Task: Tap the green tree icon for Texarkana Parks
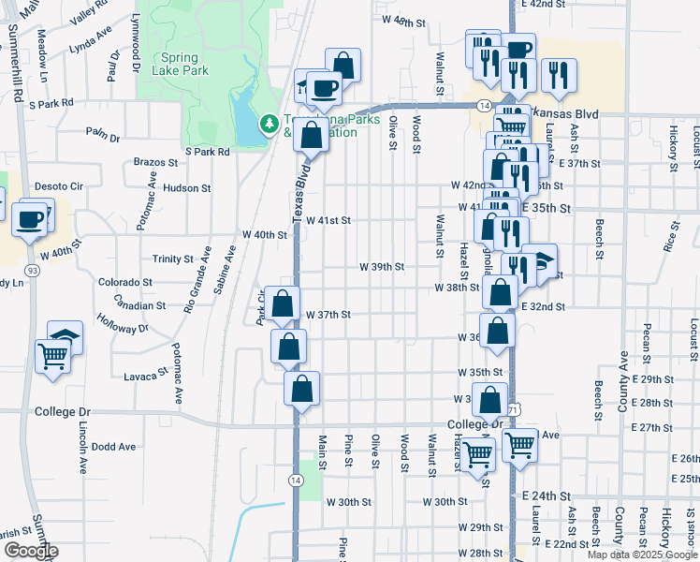(x=270, y=123)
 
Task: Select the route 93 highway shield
(x=33, y=270)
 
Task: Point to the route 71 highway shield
(x=514, y=409)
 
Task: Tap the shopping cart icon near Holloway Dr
(x=52, y=355)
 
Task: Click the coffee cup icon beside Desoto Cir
(x=30, y=220)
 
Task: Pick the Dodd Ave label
(x=114, y=447)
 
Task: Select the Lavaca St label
(x=145, y=377)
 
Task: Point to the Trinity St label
(x=172, y=259)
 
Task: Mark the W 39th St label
(x=382, y=266)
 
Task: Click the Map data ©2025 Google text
(x=640, y=555)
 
